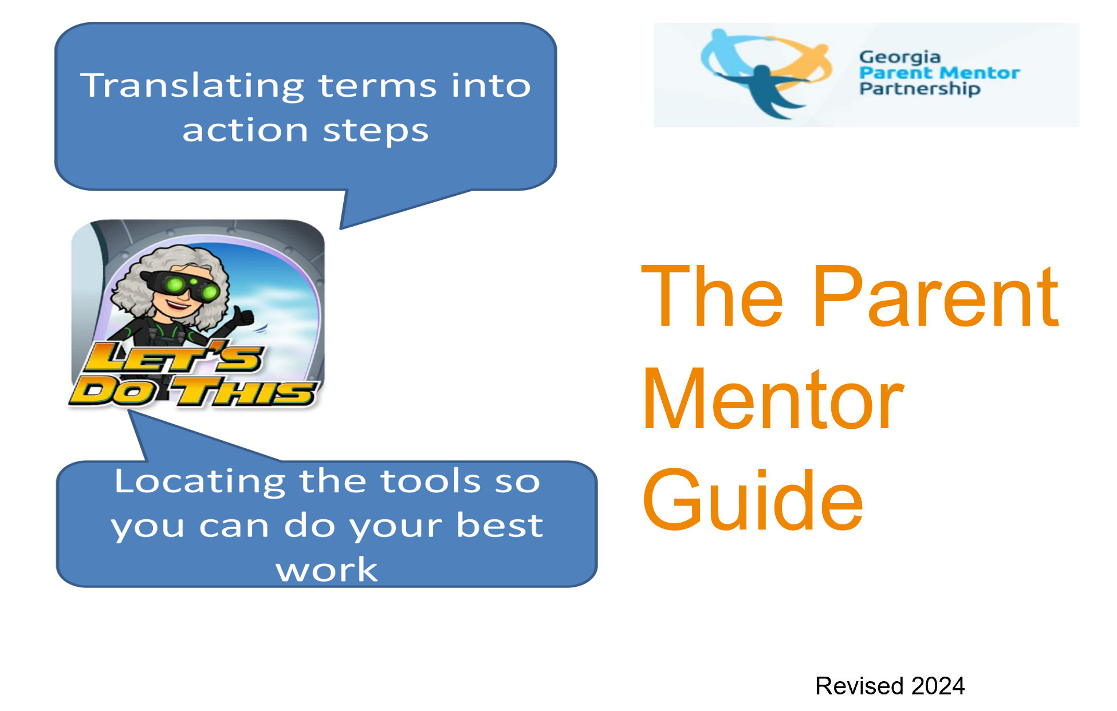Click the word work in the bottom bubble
[327, 570]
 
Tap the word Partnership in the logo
[920, 89]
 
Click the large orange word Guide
[752, 500]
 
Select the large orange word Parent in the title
[936, 297]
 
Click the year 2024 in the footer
[938, 686]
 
